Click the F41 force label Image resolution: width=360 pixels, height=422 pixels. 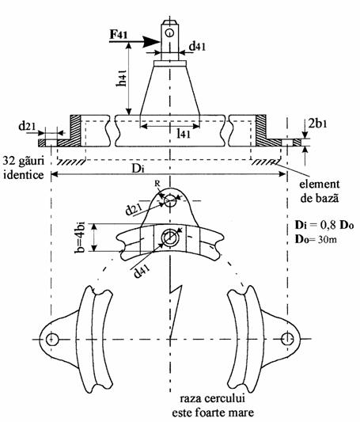click(x=119, y=35)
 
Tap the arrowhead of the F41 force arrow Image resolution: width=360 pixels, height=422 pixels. click(x=151, y=42)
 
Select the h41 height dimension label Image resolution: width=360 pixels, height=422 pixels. click(x=122, y=78)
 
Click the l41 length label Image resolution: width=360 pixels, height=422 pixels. click(x=184, y=133)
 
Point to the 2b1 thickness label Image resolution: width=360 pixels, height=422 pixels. click(x=318, y=124)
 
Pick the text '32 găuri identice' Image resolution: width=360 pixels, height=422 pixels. click(x=24, y=168)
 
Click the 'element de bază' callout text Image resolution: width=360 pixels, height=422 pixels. click(x=319, y=192)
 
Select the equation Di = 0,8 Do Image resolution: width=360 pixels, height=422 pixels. click(x=324, y=225)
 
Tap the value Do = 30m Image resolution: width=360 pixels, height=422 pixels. click(x=316, y=239)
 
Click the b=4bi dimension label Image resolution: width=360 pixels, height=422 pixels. click(x=80, y=238)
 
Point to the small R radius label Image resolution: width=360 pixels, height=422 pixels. click(x=157, y=184)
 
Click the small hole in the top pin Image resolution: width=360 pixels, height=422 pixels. click(x=169, y=32)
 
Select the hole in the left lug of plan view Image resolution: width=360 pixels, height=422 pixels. click(x=52, y=339)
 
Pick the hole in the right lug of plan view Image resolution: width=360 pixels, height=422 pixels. click(x=287, y=339)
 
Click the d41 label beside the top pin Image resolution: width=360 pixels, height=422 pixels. click(x=197, y=47)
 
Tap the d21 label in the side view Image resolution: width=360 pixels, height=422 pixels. click(x=27, y=126)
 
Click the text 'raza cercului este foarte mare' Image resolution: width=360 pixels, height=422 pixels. click(x=212, y=405)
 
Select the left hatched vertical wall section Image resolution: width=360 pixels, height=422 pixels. click(x=75, y=131)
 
